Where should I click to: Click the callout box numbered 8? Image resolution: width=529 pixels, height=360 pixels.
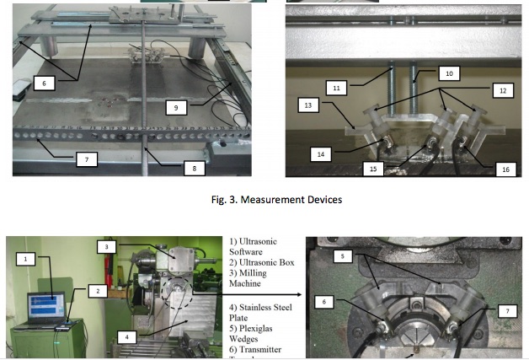coord(194,168)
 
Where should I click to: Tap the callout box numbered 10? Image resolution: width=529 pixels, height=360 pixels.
coord(448,74)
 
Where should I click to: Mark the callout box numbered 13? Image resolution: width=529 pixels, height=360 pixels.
coord(307,105)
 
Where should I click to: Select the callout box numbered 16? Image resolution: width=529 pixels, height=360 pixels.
coord(505,169)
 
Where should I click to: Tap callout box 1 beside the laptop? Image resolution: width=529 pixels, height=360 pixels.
coord(28,260)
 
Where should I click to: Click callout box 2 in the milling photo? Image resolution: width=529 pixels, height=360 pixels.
coord(99,291)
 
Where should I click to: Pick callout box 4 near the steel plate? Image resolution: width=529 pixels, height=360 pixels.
coord(127,337)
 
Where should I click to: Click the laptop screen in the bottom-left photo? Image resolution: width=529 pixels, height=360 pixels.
coord(45,306)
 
